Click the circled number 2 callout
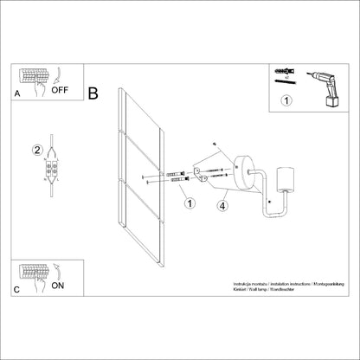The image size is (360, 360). tap(37, 149)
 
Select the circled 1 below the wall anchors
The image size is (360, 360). tap(189, 204)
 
